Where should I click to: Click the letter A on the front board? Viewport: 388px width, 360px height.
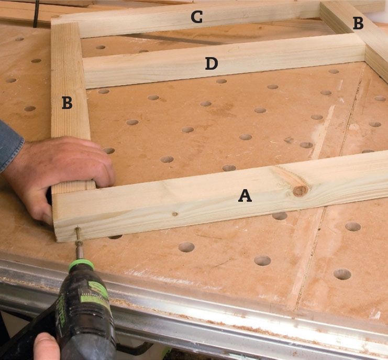point(245,195)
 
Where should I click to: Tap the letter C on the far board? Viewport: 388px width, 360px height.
point(197,17)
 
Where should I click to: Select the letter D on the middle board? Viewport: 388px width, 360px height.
point(212,63)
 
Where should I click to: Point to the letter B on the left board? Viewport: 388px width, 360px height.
point(67,103)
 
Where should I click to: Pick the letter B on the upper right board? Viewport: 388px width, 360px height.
point(358,23)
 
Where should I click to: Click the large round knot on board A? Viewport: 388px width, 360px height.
point(301,191)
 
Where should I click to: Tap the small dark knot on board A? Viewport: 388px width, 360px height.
point(175,214)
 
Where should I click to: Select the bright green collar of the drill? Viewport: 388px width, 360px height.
point(81,265)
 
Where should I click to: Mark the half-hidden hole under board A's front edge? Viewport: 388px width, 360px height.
point(115,237)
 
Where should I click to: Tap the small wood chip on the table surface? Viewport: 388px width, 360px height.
point(288,140)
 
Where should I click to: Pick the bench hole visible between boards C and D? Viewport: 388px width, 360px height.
point(101,47)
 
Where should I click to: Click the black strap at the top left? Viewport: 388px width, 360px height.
point(36,14)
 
